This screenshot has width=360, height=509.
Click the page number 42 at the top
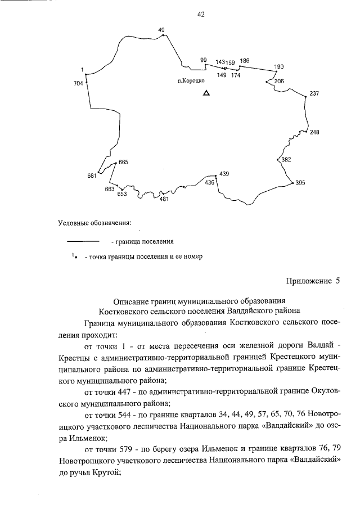pyautogui.click(x=200, y=15)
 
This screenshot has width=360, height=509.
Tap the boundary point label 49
pyautogui.click(x=161, y=30)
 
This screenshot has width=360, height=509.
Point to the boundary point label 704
pyautogui.click(x=78, y=83)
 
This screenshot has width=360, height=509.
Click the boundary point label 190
pyautogui.click(x=279, y=67)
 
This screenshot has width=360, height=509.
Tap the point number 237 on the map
pyautogui.click(x=314, y=93)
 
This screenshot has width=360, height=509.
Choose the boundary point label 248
pyautogui.click(x=314, y=133)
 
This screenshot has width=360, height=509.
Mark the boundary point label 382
pyautogui.click(x=286, y=160)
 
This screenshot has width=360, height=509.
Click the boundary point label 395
pyautogui.click(x=300, y=183)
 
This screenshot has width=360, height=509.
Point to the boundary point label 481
pyautogui.click(x=164, y=199)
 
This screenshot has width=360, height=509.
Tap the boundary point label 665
pyautogui.click(x=124, y=162)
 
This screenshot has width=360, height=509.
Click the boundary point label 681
pyautogui.click(x=92, y=176)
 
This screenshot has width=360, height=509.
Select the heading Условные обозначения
pyautogui.click(x=94, y=223)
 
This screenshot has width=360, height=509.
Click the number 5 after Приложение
pyautogui.click(x=338, y=282)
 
